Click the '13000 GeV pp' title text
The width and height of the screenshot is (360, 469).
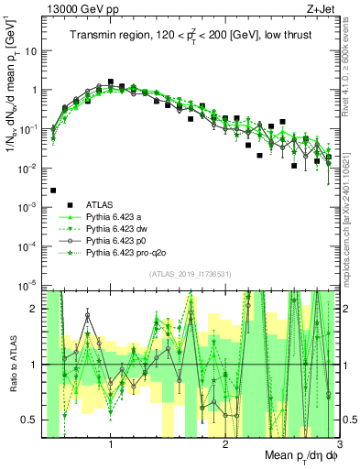coord(81,8)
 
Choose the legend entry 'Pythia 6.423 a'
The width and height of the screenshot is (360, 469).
coord(116,216)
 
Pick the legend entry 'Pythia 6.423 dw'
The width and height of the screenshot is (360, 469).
coord(119,228)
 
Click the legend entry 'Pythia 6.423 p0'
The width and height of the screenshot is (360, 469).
coord(118,240)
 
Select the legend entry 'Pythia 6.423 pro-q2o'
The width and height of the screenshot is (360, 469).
coord(126,252)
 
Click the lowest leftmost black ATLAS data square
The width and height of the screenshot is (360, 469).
coord(53,191)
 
